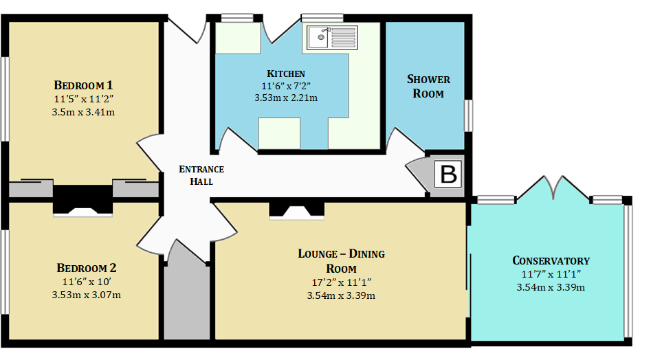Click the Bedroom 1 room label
[83, 85]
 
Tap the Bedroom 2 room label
[87, 268]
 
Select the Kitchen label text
[286, 74]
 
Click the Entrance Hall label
[201, 175]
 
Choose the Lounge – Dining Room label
[341, 261]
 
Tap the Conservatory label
[551, 260]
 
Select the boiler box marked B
[448, 175]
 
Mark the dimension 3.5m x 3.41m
[83, 112]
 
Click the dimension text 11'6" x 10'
[87, 282]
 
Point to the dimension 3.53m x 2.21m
[286, 98]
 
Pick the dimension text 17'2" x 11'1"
[341, 282]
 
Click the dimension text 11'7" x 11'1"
[551, 274]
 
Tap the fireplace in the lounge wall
[296, 210]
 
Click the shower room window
[469, 115]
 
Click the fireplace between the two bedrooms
[82, 201]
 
